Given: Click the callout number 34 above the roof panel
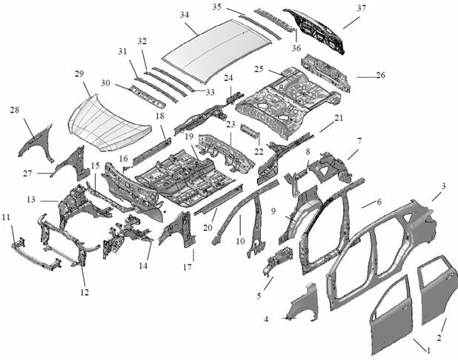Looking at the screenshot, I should point(185,15).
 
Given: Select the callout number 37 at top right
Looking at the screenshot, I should point(361,8).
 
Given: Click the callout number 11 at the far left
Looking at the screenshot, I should point(6,217).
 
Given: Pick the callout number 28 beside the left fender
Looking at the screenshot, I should point(14,110).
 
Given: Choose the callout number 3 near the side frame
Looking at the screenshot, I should point(443,186).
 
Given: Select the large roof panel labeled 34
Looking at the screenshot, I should point(215,50).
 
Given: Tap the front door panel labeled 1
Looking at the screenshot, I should point(393,315).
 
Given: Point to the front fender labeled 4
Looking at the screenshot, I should point(304,304).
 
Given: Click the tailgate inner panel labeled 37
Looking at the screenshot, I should point(319,30).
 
